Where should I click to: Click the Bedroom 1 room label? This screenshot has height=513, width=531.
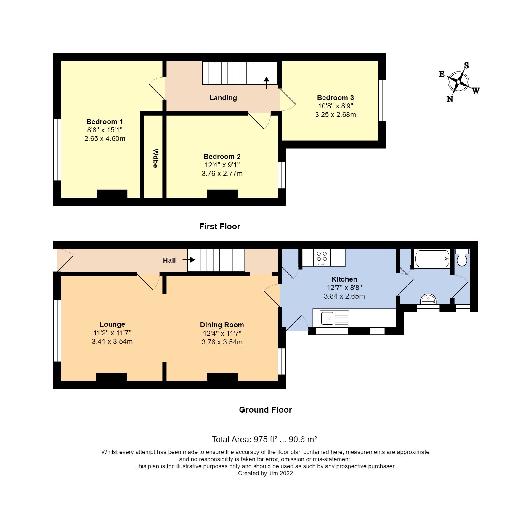[x=105, y=122]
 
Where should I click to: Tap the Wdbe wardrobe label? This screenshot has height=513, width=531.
[x=155, y=158]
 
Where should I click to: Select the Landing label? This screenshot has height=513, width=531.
[x=223, y=98]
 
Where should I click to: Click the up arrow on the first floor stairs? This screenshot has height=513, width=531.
[x=267, y=83]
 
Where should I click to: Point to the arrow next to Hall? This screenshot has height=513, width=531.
[x=189, y=260]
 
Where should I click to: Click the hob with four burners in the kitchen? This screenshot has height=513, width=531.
[x=322, y=257]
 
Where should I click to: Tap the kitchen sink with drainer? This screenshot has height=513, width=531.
[x=334, y=318]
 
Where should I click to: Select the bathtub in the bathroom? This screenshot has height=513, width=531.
[x=432, y=259]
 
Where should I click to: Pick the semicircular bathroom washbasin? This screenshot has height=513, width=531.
[x=428, y=299]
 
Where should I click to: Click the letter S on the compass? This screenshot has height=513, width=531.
[x=466, y=65]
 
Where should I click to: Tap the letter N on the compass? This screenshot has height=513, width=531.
[x=450, y=99]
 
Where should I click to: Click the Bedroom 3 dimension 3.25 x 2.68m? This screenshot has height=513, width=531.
[x=335, y=115]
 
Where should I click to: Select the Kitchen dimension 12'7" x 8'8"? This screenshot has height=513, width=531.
[x=344, y=288]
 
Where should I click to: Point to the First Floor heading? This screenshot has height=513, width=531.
[x=219, y=227]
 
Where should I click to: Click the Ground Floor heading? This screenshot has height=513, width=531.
[x=265, y=410]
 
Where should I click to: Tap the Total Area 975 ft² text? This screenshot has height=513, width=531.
[x=264, y=439]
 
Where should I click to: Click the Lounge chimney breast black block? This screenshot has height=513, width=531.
[x=111, y=377]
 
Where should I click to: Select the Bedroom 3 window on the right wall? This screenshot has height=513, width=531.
[x=382, y=101]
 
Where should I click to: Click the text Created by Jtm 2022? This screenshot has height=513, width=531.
[x=265, y=473]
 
